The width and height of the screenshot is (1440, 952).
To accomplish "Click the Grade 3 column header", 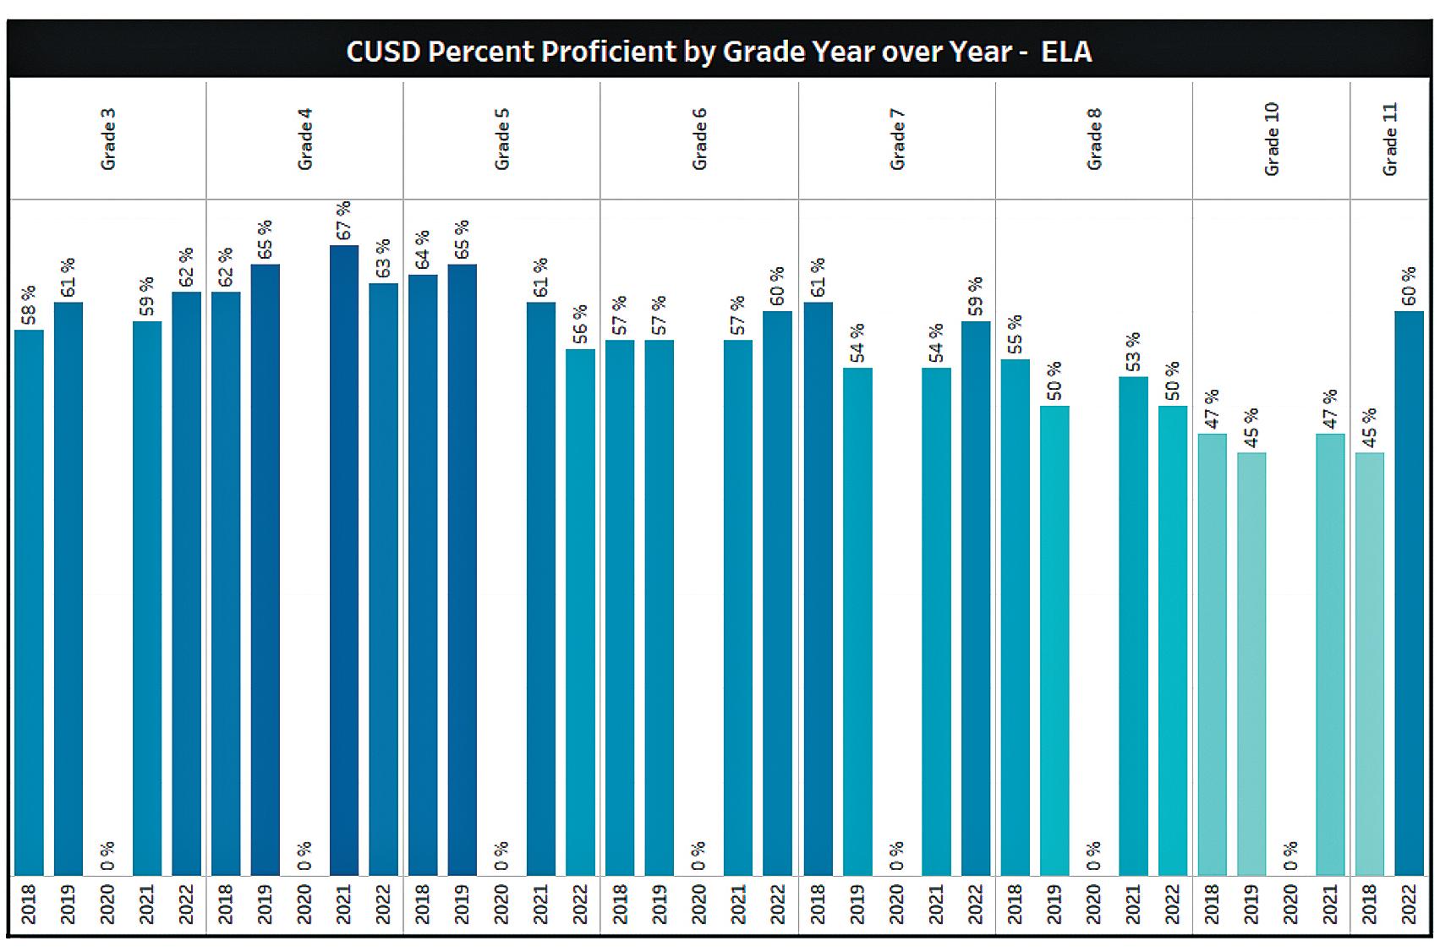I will tap(107, 140).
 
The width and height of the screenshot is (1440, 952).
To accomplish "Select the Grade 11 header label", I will tap(1389, 140).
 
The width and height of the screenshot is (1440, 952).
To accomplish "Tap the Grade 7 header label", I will tap(897, 140).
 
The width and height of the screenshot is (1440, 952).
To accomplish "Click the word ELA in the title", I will tap(1066, 52).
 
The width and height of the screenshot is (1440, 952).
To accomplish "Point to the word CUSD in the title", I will tap(382, 52).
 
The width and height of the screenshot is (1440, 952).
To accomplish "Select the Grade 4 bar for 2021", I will tap(344, 558).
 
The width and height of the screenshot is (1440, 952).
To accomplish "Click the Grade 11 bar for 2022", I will tap(1409, 592).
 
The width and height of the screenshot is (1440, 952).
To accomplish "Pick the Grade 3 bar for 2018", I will tap(29, 600).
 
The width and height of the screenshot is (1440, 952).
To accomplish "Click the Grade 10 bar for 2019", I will tap(1251, 664).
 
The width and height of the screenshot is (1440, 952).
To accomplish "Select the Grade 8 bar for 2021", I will tap(1133, 626).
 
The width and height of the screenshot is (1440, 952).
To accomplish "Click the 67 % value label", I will tap(343, 221).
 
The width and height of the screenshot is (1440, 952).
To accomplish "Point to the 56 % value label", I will tap(580, 325).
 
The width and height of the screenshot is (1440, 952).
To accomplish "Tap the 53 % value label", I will tap(1133, 352).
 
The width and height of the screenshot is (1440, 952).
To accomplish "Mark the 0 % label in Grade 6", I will tap(698, 856).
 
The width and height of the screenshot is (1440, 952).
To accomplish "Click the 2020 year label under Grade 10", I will tap(1290, 905).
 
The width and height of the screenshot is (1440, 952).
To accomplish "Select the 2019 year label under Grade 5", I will tap(462, 905).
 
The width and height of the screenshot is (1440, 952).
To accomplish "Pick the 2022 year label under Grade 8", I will tap(1173, 905).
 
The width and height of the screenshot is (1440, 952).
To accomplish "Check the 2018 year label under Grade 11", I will tap(1370, 905).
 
